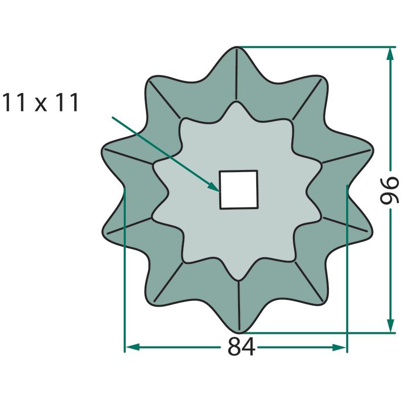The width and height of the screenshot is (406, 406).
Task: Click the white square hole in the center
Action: tap(239, 189)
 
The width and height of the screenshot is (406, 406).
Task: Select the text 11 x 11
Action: tap(40, 103)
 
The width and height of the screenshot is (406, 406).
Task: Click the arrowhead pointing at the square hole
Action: tap(214, 187)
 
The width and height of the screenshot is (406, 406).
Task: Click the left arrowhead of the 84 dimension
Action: tap(132, 347)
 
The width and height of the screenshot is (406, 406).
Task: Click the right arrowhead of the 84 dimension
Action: tap(339, 347)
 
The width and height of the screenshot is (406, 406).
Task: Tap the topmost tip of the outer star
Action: tap(236, 47)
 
